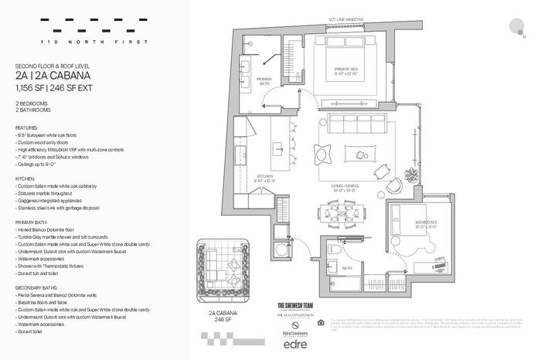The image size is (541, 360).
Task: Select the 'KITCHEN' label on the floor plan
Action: [266, 178]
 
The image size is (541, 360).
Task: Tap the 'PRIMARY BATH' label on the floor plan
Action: [264, 80]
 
